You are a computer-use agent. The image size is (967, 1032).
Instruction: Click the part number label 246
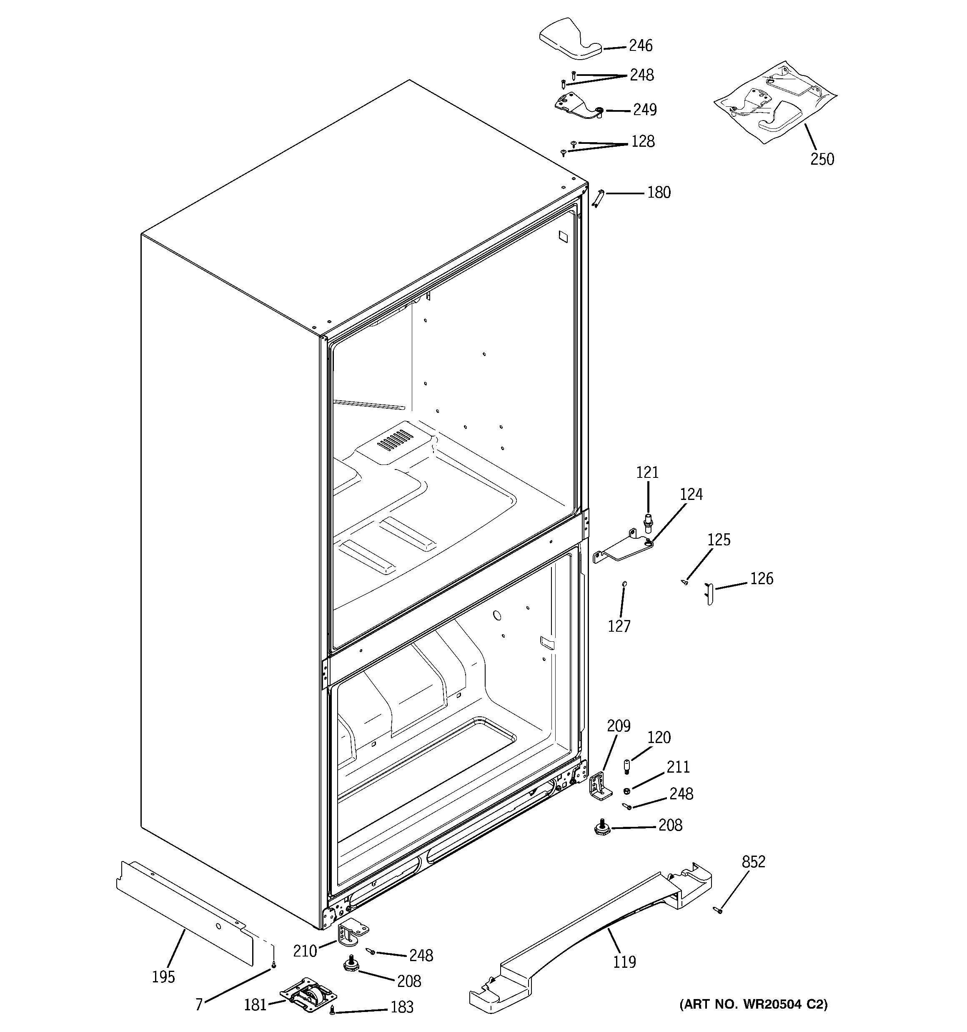point(641,46)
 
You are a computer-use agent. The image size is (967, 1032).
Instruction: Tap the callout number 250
point(822,159)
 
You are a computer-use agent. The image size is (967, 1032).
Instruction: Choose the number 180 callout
point(659,193)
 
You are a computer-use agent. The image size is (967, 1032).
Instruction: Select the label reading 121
point(647,472)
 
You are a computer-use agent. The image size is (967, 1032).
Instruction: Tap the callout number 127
point(619,626)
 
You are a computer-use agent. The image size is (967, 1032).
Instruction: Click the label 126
point(762,578)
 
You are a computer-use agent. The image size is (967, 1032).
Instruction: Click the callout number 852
point(753,862)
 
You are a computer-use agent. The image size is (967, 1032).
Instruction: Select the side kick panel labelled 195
point(184,916)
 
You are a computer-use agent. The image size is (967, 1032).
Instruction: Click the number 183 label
point(402,1007)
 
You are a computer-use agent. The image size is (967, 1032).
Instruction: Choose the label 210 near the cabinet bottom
point(305,951)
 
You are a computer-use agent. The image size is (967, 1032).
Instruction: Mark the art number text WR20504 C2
point(753,1004)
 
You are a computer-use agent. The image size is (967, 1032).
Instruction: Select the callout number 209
point(619,726)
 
